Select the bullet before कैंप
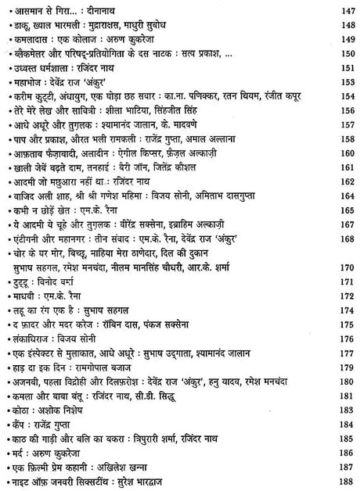(7, 424)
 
